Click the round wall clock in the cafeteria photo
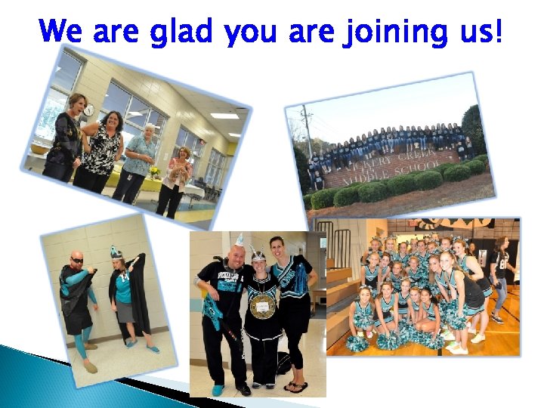(x=90, y=110)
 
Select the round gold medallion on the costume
(x=262, y=305)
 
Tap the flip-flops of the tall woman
(x=296, y=387)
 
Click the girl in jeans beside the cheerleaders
(x=501, y=280)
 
